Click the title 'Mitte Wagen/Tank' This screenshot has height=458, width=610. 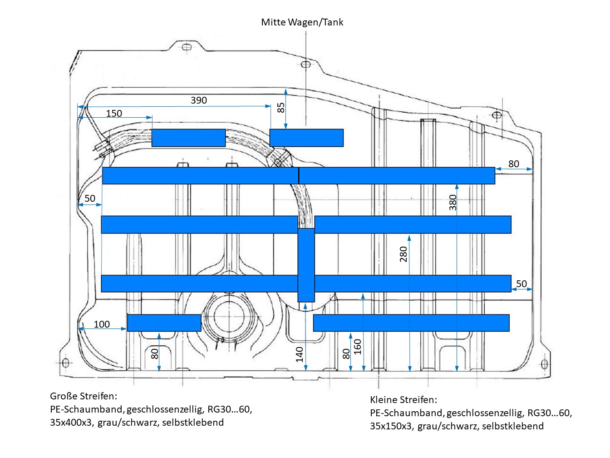pos(302,22)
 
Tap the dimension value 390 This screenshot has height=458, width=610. pos(199,100)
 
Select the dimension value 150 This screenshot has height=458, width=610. pos(114,113)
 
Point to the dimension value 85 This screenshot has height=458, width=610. pos(281,108)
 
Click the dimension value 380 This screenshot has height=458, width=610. pos(453,203)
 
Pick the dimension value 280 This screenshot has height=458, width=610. pos(403,254)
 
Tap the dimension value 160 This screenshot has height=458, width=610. pos(358,347)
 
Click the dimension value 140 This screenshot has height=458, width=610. pos(300,354)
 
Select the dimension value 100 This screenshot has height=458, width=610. pos(102,324)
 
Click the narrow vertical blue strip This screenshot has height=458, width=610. pos(306,265)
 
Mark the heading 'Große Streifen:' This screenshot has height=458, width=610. pos(84,396)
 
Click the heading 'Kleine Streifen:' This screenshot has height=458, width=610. pos(403,400)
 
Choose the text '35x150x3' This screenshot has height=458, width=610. pos(391,426)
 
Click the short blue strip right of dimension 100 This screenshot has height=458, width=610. pos(164,323)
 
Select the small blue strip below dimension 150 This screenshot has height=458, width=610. pos(188,138)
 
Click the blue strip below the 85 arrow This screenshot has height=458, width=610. pos(306,138)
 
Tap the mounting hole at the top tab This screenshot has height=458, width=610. pos(185,47)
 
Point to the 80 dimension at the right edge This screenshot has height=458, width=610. pos(513,164)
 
